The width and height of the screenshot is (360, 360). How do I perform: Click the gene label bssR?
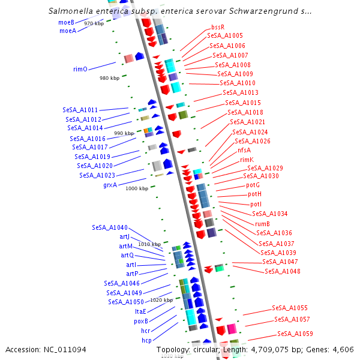coord(218,27)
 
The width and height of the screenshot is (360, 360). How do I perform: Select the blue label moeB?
coord(66,22)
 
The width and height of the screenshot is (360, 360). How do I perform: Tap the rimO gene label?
coord(80,69)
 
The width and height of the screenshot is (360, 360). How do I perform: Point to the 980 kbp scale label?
coord(110,78)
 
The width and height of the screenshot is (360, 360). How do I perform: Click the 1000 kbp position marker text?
coord(137,188)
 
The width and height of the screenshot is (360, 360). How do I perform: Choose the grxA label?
coord(110,185)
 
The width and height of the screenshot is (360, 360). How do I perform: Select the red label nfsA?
coord(244,150)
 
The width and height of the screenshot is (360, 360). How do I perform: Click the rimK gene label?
coord(247,160)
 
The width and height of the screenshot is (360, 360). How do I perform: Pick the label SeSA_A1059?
coord(295,334)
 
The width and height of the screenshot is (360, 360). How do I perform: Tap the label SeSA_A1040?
coord(110,227)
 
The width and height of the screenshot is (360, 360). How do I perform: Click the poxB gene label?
coord(141,321)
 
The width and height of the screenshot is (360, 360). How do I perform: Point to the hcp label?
coord(146,340)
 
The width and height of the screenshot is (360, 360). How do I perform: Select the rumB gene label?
coord(262,224)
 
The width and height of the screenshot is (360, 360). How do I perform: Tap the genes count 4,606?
coord(343,349)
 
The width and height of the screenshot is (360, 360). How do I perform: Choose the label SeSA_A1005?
coord(225,36)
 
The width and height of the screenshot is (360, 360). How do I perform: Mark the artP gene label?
coord(132,274)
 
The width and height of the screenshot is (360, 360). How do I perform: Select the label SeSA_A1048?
coord(283,271)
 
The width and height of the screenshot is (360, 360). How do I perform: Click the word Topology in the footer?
coord(172,349)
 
